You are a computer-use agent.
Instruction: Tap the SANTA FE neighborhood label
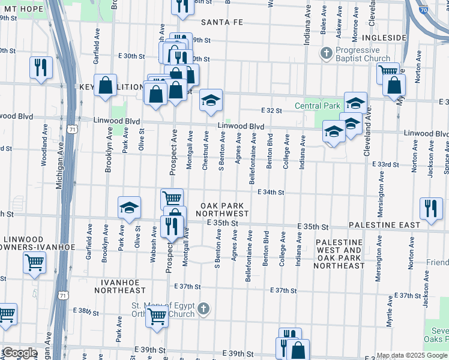[221, 22]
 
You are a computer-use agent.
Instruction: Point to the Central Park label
[317, 106]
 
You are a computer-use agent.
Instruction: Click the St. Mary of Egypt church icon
[203, 308]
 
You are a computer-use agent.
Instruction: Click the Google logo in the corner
[20, 353]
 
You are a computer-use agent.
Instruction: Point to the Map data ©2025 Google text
[412, 355]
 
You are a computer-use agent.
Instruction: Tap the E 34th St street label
[270, 193]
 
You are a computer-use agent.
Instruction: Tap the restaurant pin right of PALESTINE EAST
[431, 208]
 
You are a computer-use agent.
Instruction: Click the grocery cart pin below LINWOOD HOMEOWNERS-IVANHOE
[34, 262]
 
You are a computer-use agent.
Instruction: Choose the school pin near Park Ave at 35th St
[129, 207]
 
